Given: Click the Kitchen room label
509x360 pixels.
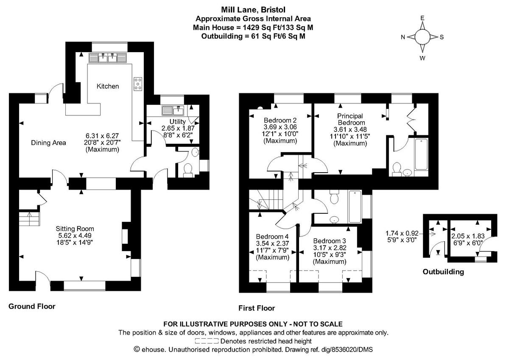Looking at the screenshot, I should pyautogui.click(x=108, y=87).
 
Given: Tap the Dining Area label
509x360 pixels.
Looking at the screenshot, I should pyautogui.click(x=49, y=143).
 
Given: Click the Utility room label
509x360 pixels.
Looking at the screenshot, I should pyautogui.click(x=171, y=122).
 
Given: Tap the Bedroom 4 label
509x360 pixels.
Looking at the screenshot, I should pyautogui.click(x=273, y=237).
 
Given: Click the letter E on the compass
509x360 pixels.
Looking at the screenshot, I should pyautogui.click(x=422, y=18).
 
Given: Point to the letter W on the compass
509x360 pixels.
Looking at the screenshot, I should pyautogui.click(x=422, y=58).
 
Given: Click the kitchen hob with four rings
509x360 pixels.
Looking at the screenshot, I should pyautogui.click(x=138, y=83).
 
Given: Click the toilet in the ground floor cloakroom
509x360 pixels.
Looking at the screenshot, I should pyautogui.click(x=188, y=170).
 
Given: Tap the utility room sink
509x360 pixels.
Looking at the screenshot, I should pyautogui.click(x=172, y=111).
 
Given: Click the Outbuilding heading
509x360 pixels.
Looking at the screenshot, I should pyautogui.click(x=443, y=272).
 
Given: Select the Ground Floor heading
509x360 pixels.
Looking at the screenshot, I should pyautogui.click(x=32, y=306).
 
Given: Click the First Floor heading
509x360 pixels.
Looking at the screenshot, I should pyautogui.click(x=257, y=308).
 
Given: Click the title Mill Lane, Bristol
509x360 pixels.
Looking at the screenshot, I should pyautogui.click(x=253, y=10).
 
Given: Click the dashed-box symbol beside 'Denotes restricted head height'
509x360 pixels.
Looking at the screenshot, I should pyautogui.click(x=207, y=341).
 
